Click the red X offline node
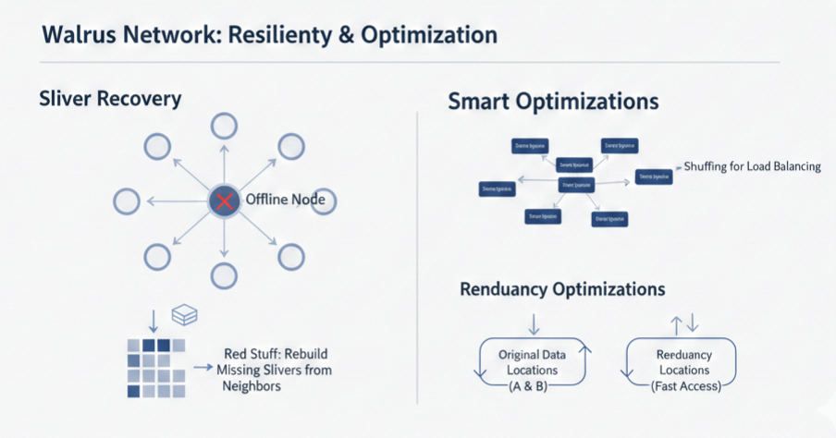pos(222,201)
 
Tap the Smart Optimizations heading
pos(553,102)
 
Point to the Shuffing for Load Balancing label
pos(751,166)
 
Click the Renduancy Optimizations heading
pos(562,289)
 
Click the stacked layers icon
pos(185,315)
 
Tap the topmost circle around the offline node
pos(222,125)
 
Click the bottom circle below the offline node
pos(222,274)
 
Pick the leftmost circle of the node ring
pos(126,201)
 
